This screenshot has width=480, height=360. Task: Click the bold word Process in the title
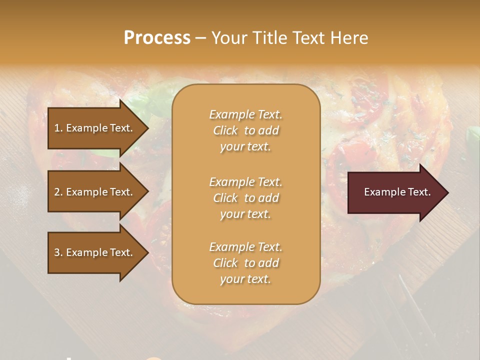coord(157,38)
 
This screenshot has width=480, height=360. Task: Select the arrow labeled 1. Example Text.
coord(95,128)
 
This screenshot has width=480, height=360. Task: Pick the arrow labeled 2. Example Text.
coord(95,192)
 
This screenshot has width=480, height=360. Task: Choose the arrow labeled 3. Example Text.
coord(95,252)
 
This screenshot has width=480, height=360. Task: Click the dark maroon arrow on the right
coord(395,192)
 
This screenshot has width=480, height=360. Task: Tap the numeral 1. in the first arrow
coord(58,128)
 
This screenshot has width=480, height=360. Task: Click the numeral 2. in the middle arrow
coord(58,192)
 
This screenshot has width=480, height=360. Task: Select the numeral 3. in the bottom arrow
coord(58,252)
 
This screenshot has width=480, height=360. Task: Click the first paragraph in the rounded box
coord(245,130)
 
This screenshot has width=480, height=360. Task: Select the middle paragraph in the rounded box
coord(245,198)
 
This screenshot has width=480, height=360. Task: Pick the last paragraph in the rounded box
coord(245,263)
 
